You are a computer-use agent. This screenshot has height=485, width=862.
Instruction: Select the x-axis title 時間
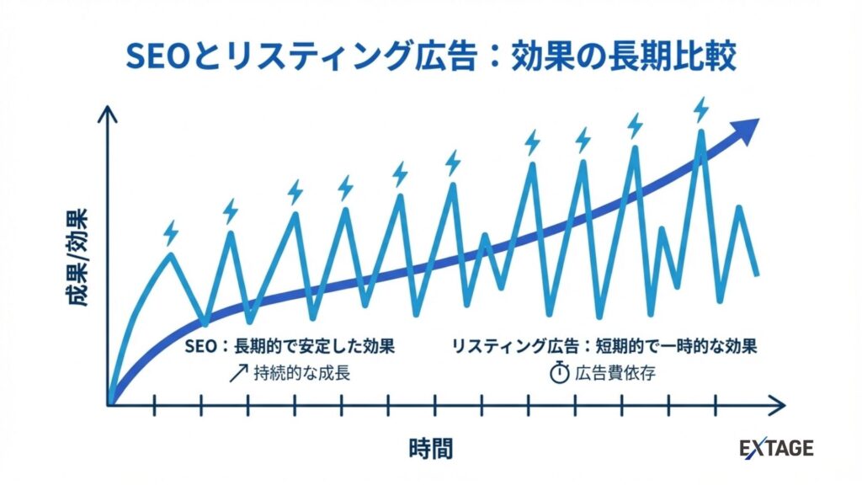(430, 448)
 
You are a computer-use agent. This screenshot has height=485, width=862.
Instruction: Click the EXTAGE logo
(776, 448)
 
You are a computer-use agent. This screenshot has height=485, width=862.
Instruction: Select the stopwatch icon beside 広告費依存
(560, 373)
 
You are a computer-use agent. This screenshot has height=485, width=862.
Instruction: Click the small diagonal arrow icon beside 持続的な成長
(239, 373)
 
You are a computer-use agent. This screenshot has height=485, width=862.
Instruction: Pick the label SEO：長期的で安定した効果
(290, 346)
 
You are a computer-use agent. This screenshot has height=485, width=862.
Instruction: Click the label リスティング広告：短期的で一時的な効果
(604, 346)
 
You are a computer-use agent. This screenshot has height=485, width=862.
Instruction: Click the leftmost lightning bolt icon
(171, 232)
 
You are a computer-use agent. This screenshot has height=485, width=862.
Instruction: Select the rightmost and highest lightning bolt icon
(700, 109)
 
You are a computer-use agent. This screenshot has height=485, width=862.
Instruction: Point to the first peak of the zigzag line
(171, 253)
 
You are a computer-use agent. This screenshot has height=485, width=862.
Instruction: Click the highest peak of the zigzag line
(700, 132)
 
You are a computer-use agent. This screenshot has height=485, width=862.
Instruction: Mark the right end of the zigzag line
(758, 274)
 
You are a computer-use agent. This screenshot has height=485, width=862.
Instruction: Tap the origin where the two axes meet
(109, 406)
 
